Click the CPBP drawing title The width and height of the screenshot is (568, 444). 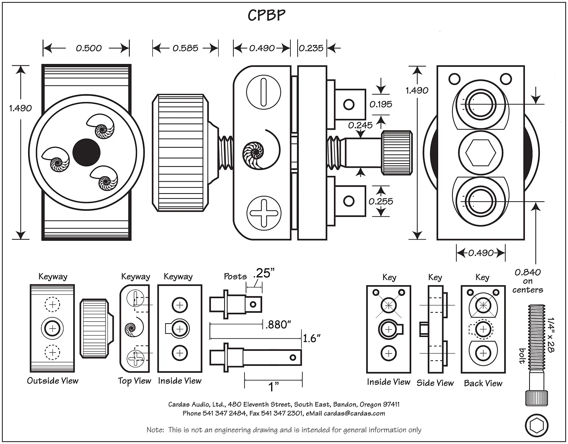266,15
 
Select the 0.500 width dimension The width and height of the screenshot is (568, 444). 89,48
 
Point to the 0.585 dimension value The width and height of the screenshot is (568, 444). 185,48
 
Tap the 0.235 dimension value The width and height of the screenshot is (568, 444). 311,48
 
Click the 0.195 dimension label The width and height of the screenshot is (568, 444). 380,104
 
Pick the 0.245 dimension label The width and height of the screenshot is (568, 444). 360,125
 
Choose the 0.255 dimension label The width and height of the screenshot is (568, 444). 380,201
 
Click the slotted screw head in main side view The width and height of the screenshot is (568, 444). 264,92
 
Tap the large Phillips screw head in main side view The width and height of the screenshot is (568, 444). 264,213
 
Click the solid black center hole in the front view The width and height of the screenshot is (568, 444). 86,152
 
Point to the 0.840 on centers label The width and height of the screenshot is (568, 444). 528,281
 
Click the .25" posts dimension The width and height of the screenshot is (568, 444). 264,273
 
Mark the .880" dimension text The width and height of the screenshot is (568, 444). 278,325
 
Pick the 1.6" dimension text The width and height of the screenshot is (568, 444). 312,339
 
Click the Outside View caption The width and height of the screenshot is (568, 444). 53,381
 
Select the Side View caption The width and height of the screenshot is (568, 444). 435,383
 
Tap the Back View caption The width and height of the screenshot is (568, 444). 483,383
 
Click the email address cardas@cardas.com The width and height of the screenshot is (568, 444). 354,414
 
